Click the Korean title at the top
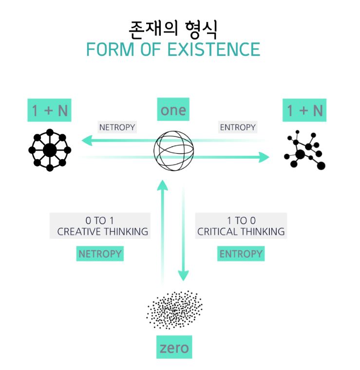pyautogui.click(x=173, y=30)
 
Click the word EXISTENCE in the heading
pyautogui.click(x=214, y=49)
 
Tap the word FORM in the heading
pyautogui.click(x=110, y=49)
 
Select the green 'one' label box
pyautogui.click(x=173, y=109)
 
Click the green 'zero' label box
pyautogui.click(x=174, y=347)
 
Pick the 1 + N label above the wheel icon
pyautogui.click(x=49, y=110)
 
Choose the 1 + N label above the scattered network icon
pyautogui.click(x=304, y=110)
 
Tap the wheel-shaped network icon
pyautogui.click(x=50, y=150)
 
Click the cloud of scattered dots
pyautogui.click(x=174, y=310)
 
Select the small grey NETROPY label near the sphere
pyautogui.click(x=117, y=127)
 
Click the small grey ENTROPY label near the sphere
pyautogui.click(x=238, y=127)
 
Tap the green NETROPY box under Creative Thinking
pyautogui.click(x=100, y=254)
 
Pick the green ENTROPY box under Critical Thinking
pyautogui.click(x=241, y=254)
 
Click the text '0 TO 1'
pyautogui.click(x=99, y=221)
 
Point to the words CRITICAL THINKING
pyautogui.click(x=241, y=231)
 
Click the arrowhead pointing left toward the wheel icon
pyautogui.click(x=87, y=140)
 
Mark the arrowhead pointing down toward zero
pyautogui.click(x=183, y=276)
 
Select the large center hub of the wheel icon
pyautogui.click(x=50, y=150)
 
